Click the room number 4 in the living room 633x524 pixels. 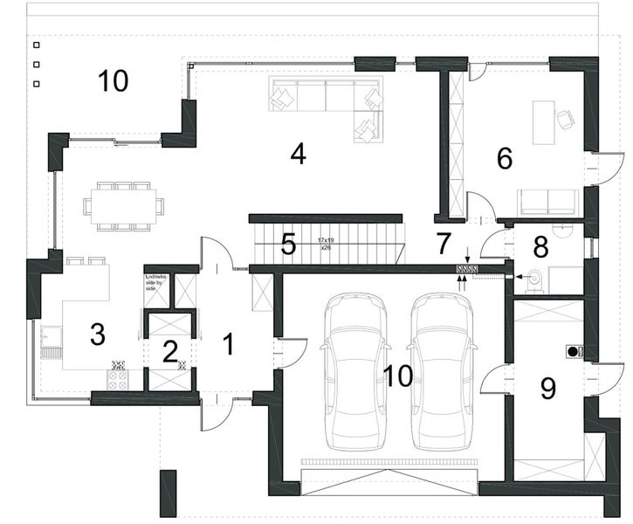pos(298,154)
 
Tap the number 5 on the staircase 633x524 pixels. pos(287,245)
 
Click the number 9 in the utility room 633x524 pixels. pos(548,387)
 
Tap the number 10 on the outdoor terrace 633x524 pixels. pos(114,81)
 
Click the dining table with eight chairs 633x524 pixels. pos(123,207)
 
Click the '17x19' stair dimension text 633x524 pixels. pos(325,239)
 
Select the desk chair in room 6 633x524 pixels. pos(565,119)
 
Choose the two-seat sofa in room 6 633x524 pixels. pos(547,202)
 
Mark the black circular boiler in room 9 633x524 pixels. pos(575,351)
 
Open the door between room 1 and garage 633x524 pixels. pos(290,352)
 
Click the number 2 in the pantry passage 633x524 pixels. pos(169,351)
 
